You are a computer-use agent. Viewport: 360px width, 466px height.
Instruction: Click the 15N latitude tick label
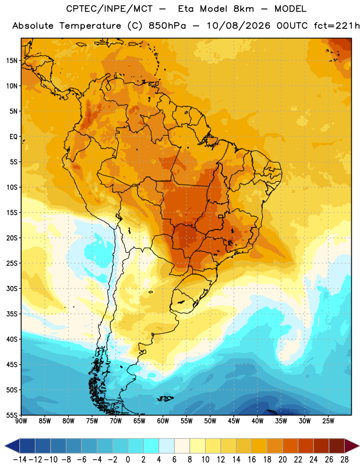click(x=12, y=61)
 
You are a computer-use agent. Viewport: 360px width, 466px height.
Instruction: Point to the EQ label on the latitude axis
click(x=13, y=137)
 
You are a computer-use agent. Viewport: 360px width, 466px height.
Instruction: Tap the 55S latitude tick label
click(x=12, y=415)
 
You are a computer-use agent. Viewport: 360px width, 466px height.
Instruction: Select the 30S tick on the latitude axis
click(x=12, y=288)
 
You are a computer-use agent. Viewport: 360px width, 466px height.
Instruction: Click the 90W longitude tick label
click(x=21, y=421)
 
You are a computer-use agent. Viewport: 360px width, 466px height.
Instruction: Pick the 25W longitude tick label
click(x=328, y=421)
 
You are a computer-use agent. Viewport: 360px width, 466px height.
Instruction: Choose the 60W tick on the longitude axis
click(x=163, y=421)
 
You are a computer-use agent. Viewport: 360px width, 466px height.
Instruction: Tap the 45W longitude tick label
click(x=234, y=421)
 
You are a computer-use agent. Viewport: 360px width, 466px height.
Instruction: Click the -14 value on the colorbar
click(x=20, y=460)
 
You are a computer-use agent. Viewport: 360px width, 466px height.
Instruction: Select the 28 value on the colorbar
click(x=344, y=460)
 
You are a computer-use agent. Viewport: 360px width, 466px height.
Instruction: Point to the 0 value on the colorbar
click(x=128, y=460)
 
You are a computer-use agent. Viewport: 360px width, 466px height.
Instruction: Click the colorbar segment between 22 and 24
click(x=306, y=446)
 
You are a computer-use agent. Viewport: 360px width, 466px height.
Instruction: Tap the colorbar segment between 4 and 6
click(x=167, y=446)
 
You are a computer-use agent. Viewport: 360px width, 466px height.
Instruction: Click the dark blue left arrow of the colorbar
click(x=12, y=446)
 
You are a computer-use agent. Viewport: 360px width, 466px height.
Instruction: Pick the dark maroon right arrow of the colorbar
click(x=352, y=446)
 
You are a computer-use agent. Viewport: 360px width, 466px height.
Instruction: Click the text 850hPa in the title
click(x=167, y=26)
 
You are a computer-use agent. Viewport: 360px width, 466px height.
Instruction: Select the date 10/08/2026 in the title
click(x=238, y=26)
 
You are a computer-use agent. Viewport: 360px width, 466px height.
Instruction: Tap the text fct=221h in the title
click(x=337, y=26)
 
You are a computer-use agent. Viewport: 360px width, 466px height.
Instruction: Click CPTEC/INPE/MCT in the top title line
click(x=110, y=9)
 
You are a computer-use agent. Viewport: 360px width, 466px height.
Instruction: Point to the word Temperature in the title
click(x=90, y=26)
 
